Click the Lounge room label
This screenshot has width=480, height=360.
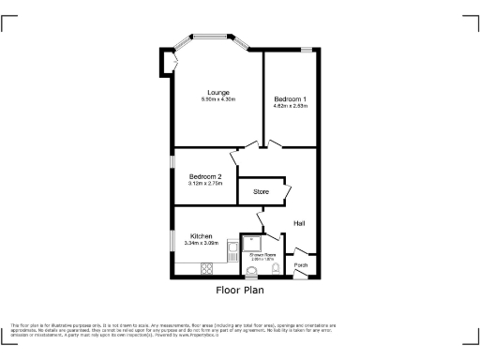tap(218, 92)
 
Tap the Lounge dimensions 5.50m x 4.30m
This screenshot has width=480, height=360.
tap(218, 100)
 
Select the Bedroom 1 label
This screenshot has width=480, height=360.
tap(290, 98)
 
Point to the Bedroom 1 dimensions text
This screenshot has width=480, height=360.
tap(290, 106)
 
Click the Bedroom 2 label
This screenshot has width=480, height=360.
tap(204, 176)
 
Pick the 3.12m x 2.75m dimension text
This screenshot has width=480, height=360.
tap(204, 184)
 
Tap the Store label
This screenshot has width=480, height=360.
tap(261, 191)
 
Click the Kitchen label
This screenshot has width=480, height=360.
tap(202, 235)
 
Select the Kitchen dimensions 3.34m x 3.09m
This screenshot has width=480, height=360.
tap(202, 243)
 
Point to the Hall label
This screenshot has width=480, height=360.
tap(299, 223)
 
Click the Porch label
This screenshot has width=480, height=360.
tap(300, 265)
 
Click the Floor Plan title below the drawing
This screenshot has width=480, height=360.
tap(240, 291)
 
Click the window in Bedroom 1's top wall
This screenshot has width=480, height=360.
tap(306, 49)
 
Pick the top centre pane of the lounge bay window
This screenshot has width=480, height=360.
tap(217, 37)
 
